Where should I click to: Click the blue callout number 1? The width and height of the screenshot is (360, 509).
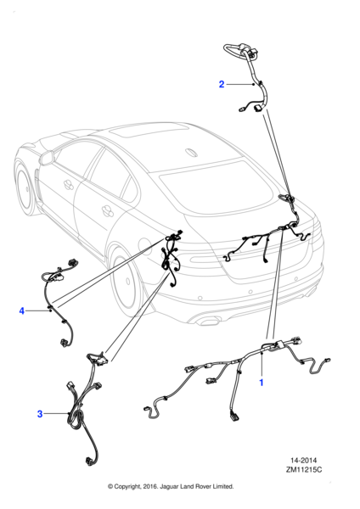[x=261, y=383]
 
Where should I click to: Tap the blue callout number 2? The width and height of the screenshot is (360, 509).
[x=222, y=84]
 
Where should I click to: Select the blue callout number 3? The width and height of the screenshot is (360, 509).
[x=40, y=414]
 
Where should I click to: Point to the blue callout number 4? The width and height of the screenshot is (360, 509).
[x=22, y=311]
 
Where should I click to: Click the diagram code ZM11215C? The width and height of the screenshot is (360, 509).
[x=304, y=469]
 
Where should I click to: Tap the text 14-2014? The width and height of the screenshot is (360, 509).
[x=303, y=461]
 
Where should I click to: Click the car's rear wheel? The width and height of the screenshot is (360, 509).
[x=125, y=282]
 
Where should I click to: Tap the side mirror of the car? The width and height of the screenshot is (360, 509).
[x=47, y=158]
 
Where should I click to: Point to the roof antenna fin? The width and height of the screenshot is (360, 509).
[x=191, y=152]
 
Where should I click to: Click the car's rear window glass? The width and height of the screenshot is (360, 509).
[x=218, y=186]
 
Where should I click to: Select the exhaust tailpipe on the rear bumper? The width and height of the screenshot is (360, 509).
[x=209, y=322]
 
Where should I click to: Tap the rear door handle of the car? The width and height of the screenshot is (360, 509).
[x=108, y=210]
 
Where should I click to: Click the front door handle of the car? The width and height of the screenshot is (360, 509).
[x=69, y=184]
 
